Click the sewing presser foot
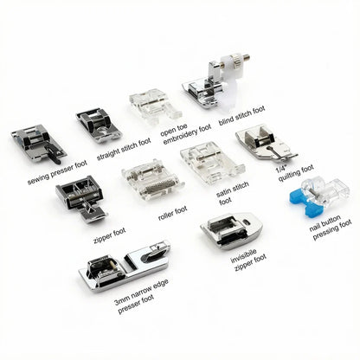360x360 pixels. pos(38,144)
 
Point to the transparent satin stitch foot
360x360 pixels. pos(212,162)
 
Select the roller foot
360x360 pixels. pos(152,179)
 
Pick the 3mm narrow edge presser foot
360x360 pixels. pos(125,266)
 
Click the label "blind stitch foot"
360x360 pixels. pos(241,116)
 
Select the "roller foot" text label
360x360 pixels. pos(173,214)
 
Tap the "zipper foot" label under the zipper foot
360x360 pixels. pos(110,235)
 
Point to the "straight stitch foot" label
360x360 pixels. pos(124,150)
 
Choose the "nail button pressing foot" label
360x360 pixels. pos(330,228)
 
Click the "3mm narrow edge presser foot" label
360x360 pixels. pos(141,296)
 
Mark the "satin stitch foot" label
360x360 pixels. pos(232,193)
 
